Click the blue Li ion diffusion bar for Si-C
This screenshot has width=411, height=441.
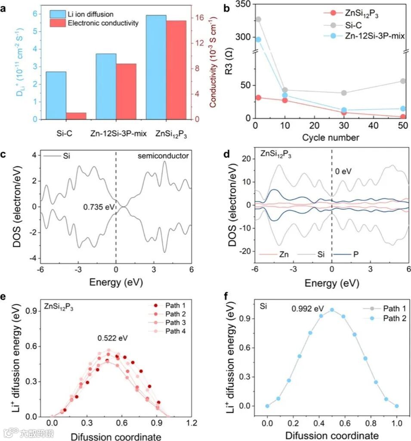coord(56,95)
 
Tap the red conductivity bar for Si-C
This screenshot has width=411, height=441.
coord(76,115)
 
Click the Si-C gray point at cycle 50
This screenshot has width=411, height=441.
coord(403,81)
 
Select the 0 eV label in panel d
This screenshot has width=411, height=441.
coord(343,171)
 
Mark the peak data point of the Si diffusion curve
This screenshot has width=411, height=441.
coord(332,310)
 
